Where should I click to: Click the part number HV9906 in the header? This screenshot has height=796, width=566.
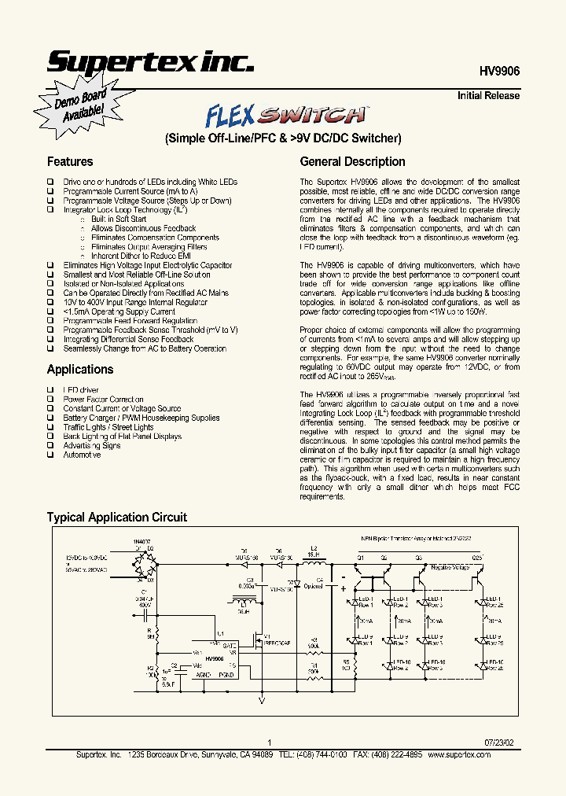point(499,70)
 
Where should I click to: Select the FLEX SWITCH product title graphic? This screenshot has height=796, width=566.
point(286,116)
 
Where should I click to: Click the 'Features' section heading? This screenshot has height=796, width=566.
point(70,162)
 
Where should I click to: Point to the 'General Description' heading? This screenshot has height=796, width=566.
point(353,162)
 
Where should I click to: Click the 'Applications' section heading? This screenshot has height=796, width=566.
point(80,370)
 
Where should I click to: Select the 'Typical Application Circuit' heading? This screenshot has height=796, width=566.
point(117,518)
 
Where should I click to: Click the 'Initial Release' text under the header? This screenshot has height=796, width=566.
point(488,96)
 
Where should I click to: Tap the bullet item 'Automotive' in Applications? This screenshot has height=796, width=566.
point(83,455)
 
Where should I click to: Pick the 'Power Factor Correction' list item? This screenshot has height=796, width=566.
point(104,399)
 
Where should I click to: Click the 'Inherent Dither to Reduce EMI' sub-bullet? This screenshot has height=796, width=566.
point(141,256)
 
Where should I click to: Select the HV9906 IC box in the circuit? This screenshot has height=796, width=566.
point(215,659)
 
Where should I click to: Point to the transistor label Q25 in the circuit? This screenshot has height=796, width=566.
point(477,558)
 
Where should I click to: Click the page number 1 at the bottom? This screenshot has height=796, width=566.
point(269,742)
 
